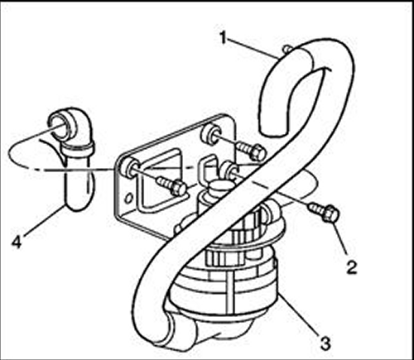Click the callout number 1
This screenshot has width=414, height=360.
[224, 37]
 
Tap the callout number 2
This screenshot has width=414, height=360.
[351, 266]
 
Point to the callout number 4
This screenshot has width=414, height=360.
[17, 242]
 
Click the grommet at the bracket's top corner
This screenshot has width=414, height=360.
[210, 134]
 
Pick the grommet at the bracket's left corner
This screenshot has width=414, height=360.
[129, 167]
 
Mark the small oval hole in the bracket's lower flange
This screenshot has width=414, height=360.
[128, 198]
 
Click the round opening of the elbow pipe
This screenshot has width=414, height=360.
[60, 127]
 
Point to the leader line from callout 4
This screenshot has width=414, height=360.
[43, 221]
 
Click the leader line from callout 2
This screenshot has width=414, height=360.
[340, 238]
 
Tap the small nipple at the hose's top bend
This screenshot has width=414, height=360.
[287, 49]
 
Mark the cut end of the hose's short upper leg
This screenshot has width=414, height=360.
[274, 133]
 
